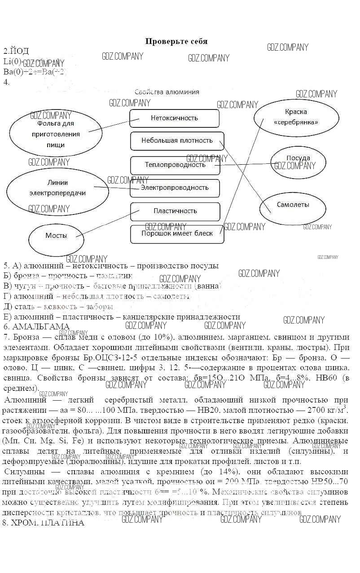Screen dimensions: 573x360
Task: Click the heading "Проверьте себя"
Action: click(176, 41)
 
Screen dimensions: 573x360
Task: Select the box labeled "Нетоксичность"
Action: click(174, 118)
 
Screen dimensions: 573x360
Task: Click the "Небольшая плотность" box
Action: click(177, 140)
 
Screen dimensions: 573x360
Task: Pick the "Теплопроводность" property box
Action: click(175, 165)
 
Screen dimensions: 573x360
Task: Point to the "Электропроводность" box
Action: click(175, 188)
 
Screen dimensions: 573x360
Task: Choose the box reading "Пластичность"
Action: click(175, 211)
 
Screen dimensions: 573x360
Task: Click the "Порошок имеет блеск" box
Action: click(176, 233)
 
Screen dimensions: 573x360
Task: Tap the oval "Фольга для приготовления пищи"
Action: click(56, 134)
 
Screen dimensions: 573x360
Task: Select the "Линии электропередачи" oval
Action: click(57, 188)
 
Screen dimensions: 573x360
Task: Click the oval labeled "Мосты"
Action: click(56, 236)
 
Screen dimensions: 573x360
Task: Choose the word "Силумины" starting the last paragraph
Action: click(22, 472)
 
